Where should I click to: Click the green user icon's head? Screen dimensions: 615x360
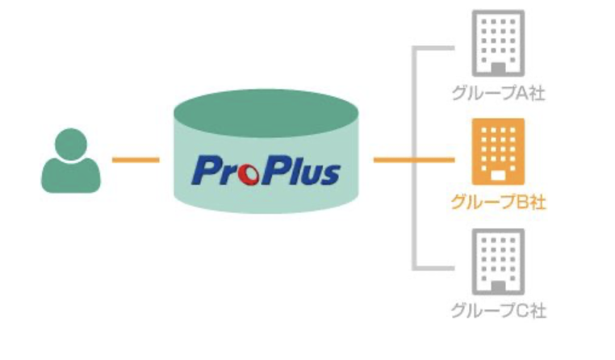pos(71,144)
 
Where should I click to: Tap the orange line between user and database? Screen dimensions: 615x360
pos(136,160)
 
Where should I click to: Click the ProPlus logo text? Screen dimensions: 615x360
pos(266,170)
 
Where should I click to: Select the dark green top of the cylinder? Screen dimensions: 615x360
pos(266,113)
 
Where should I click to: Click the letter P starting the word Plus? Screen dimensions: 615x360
pos(274,170)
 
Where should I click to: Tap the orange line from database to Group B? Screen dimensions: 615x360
pos(414,160)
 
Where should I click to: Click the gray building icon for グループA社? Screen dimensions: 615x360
pos(498,43)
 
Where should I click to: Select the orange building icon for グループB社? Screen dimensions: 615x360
pos(498,152)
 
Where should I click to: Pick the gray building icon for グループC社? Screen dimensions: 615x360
pos(498,262)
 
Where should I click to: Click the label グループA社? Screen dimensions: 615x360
pos(498,94)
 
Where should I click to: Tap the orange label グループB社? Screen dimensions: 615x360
pos(498,202)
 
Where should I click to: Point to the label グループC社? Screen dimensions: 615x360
pos(498,311)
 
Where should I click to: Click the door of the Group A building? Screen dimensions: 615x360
pos(498,69)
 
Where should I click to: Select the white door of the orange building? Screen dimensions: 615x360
pos(498,176)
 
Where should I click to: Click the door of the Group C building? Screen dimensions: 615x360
pos(498,287)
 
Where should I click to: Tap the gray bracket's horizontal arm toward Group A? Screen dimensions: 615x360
pos(433,48)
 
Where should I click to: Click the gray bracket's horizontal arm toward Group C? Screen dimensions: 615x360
pos(433,268)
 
